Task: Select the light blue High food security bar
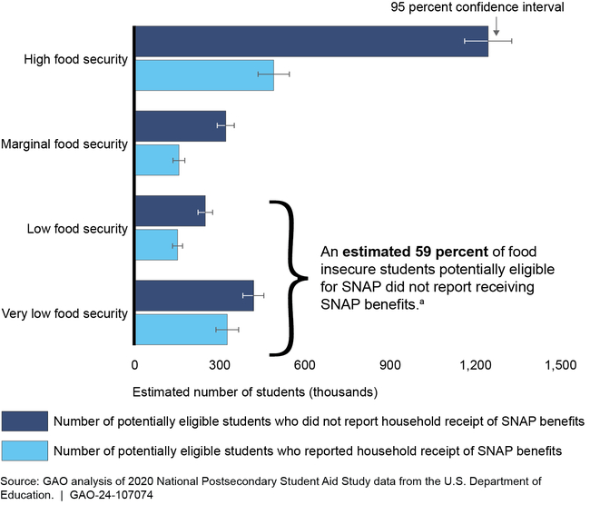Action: click(x=204, y=74)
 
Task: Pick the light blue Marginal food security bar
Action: click(x=157, y=160)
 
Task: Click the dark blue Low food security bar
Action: click(x=170, y=212)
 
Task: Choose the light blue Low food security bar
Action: click(x=156, y=245)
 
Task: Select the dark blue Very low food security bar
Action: click(x=194, y=296)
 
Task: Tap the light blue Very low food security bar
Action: click(x=181, y=330)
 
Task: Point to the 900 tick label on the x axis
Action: click(x=390, y=365)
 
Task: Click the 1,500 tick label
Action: click(x=560, y=365)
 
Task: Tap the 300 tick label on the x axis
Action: click(x=220, y=365)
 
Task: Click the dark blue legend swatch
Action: click(x=24, y=421)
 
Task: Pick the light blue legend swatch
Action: click(x=24, y=450)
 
